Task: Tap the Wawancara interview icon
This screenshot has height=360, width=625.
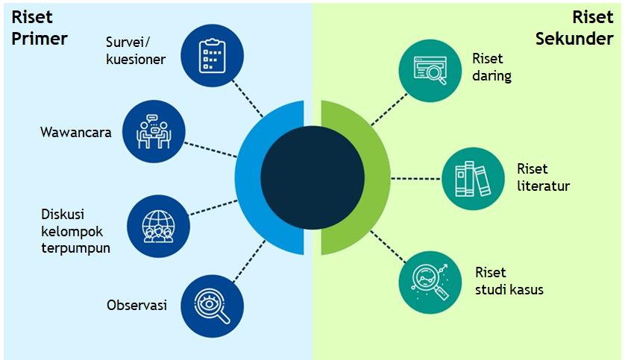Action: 154,131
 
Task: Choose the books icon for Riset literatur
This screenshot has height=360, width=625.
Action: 474,178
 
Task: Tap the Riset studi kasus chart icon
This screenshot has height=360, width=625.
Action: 430,282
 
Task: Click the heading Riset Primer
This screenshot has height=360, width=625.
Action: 39,28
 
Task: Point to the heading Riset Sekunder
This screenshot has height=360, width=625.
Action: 574,28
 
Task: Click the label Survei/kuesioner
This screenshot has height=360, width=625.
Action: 135,49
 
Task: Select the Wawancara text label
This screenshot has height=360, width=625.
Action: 75,133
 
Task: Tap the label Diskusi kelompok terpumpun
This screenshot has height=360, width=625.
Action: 75,230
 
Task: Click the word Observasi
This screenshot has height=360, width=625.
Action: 136,305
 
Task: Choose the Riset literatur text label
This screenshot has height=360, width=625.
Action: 543,177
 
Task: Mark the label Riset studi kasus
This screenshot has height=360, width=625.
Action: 509,280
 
